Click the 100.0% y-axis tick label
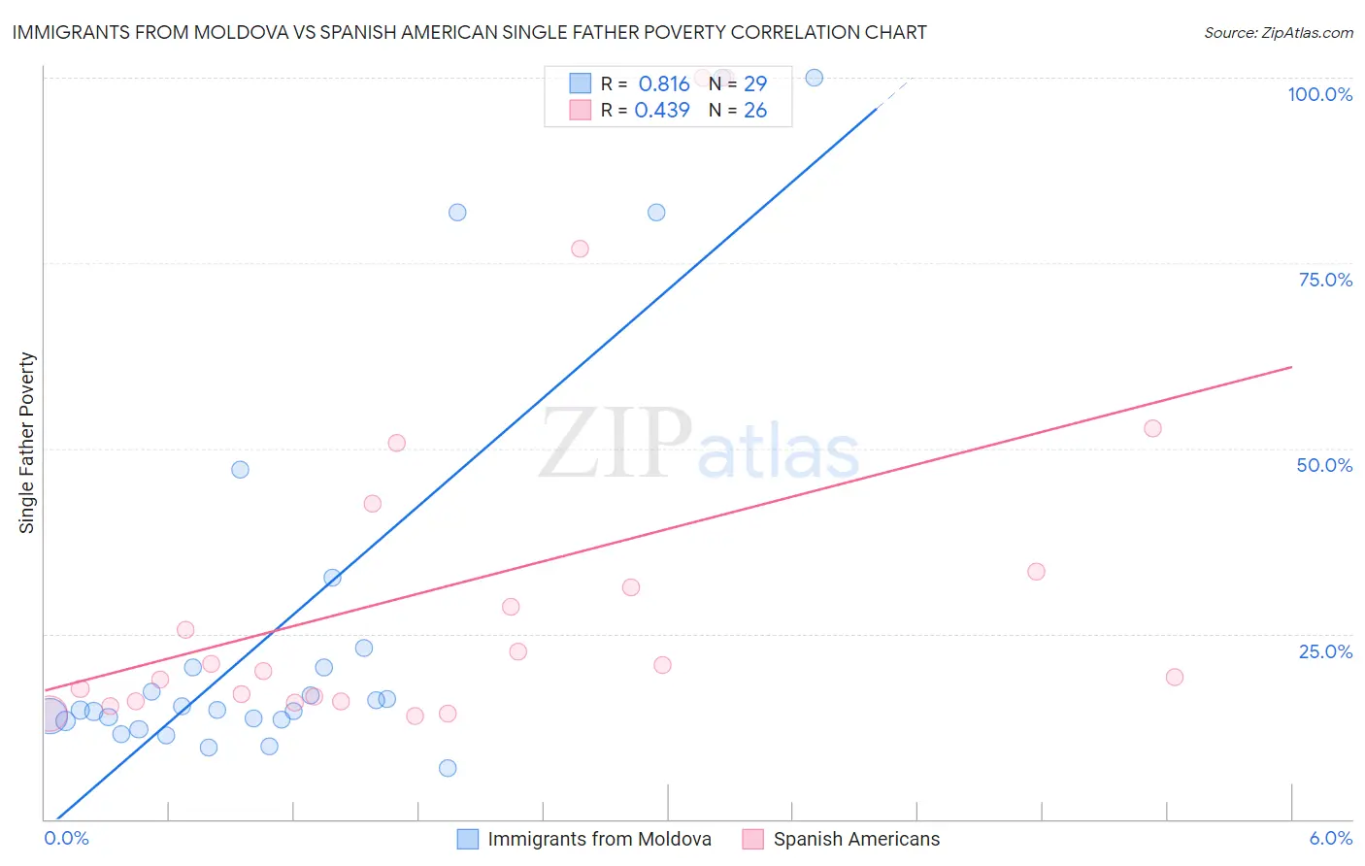[1319, 94]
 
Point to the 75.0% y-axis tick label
[1325, 280]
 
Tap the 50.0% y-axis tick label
[1324, 465]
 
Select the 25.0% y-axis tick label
[1325, 651]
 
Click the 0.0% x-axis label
[66, 838]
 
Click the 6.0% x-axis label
[1330, 838]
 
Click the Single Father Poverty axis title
[27, 443]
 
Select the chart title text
[469, 32]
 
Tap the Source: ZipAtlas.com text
[1278, 32]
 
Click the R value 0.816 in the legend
[663, 83]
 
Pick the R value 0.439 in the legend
[661, 110]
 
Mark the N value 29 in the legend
[754, 83]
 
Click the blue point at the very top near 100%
[815, 78]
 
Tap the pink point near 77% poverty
[580, 249]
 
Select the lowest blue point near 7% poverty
[448, 768]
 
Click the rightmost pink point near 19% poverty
[1175, 677]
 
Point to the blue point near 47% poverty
[240, 469]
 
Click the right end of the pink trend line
[1291, 367]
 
